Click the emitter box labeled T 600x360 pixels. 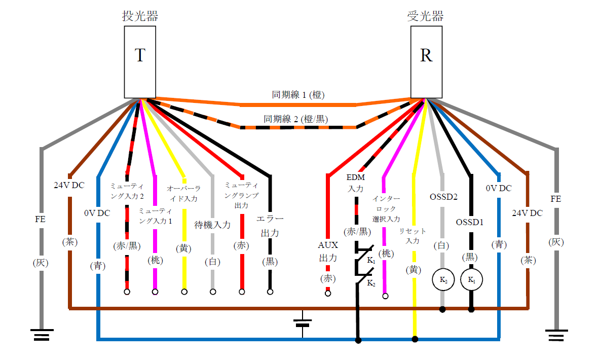pos(140,61)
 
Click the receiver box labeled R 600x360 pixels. pos(426,61)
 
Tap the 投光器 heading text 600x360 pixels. pos(140,16)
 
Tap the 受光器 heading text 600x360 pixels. pos(426,16)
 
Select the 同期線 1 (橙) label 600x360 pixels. pos(298,95)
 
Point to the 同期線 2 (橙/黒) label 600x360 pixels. pos(295,120)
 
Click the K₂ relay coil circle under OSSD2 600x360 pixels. pos(442,279)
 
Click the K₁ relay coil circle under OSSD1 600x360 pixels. pos(471,279)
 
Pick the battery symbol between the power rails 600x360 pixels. pos(303,323)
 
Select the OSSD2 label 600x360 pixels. pos(443,196)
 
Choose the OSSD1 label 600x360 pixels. pos(471,222)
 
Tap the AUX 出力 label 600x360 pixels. pos(328,251)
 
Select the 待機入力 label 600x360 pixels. pos(212,225)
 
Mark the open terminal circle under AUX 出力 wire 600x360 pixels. pos(328,294)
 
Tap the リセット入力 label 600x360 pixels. pos(413,236)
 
